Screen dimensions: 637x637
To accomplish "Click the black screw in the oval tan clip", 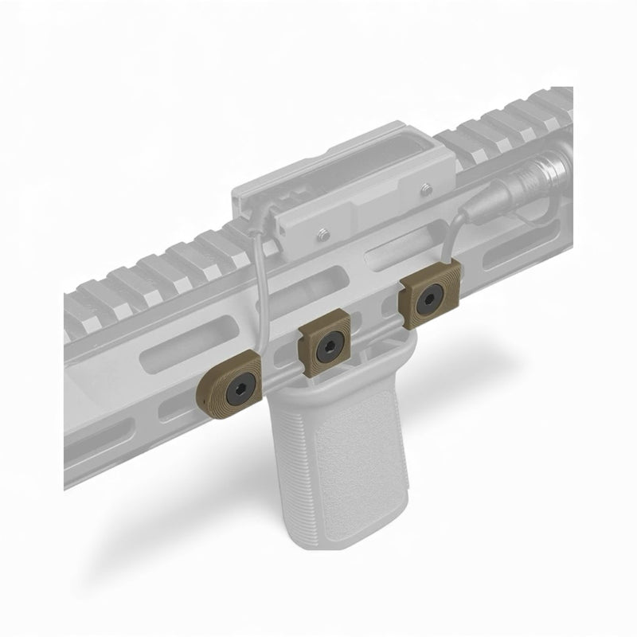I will [240, 391].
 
